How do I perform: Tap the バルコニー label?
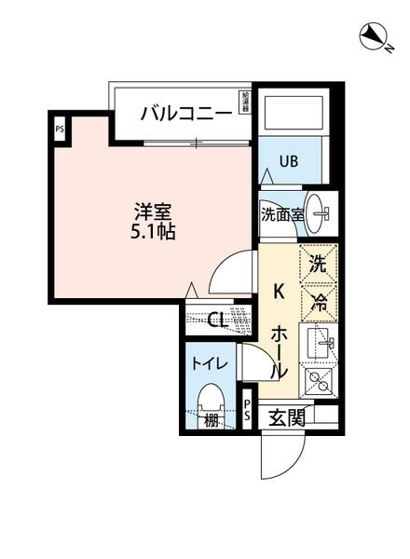pos(186,114)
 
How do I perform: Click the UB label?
pos(288,160)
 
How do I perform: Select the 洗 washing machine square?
pos(318,264)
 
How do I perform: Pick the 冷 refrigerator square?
pos(318,300)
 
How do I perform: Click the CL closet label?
pos(216,321)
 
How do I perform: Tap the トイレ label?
pos(207,363)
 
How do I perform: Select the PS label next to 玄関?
pos(248,410)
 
